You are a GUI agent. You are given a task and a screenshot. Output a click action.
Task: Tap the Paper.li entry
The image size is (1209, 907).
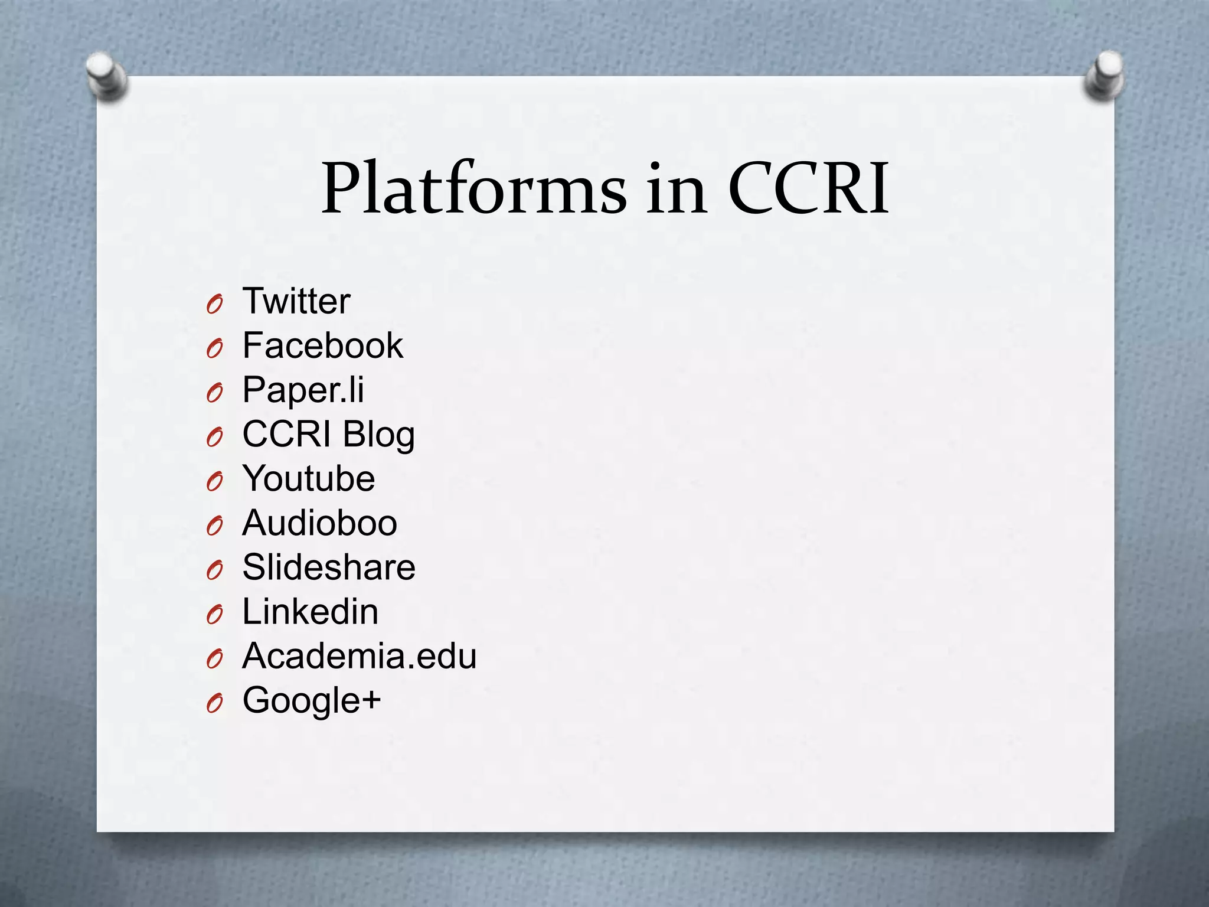[303, 390]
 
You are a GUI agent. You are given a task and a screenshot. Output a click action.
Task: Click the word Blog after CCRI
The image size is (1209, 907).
[378, 435]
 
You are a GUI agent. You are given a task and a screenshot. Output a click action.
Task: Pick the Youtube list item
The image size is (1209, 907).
[309, 478]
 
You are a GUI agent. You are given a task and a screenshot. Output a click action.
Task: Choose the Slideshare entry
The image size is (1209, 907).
[329, 567]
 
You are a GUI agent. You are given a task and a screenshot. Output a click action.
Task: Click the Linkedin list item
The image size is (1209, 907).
[311, 611]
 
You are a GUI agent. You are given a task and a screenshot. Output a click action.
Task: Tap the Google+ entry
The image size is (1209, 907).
[312, 700]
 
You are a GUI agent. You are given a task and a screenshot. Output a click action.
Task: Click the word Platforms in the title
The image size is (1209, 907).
[473, 189]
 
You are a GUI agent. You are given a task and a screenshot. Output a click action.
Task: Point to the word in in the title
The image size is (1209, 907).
[676, 189]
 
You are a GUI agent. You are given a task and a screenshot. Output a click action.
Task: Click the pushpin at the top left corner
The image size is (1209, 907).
[106, 76]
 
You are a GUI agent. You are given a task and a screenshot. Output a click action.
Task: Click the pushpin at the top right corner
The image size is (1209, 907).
[1105, 75]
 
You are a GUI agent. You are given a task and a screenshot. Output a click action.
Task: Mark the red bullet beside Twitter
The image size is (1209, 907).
[215, 305]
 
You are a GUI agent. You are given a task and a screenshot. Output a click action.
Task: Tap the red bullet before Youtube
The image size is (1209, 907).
[215, 482]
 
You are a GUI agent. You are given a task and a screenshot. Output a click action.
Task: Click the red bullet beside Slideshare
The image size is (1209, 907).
[215, 570]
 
